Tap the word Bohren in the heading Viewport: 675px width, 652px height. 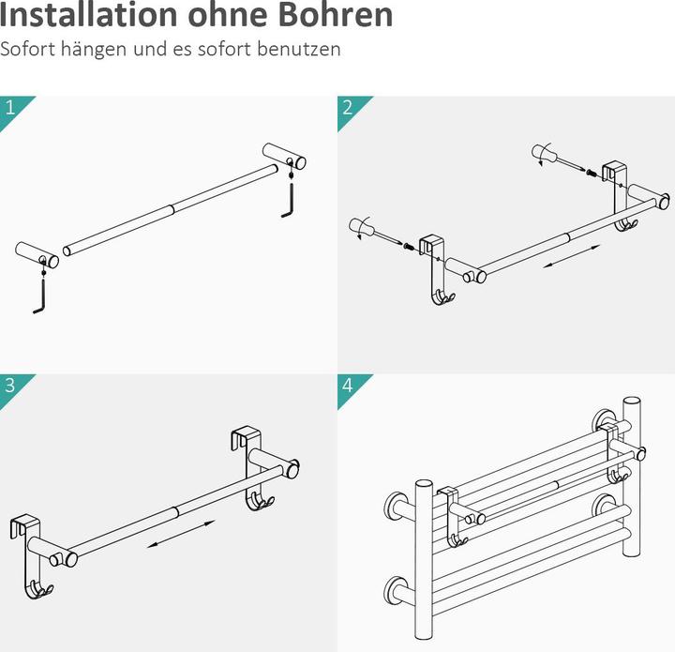pos(333,16)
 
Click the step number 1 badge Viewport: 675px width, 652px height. pos(10,107)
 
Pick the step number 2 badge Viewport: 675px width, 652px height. pos(348,107)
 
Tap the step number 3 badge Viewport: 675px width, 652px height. pos(10,385)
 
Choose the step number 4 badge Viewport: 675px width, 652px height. pos(348,385)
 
